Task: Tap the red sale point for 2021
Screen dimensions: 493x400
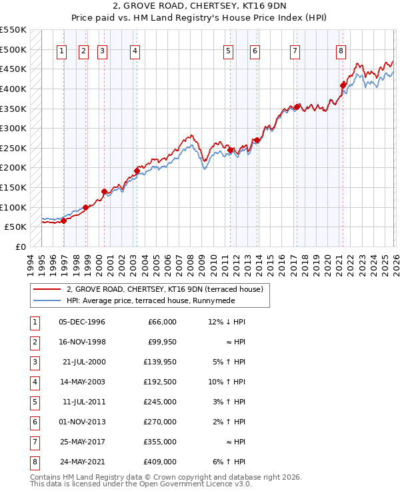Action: point(343,85)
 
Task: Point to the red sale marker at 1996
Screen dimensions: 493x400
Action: point(64,221)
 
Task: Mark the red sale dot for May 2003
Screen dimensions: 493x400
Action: point(137,171)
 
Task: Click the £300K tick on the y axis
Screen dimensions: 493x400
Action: point(14,128)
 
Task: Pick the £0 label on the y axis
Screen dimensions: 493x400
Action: point(21,246)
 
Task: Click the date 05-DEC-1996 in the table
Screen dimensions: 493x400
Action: point(82,322)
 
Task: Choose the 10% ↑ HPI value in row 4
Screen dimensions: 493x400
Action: point(227,383)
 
